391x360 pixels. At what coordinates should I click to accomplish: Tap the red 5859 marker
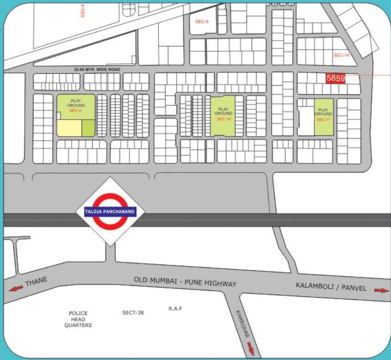point(336,79)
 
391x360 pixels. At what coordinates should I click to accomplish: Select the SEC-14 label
point(341,55)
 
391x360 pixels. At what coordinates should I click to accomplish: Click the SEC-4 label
point(83,10)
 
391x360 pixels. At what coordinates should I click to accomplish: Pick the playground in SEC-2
point(76,106)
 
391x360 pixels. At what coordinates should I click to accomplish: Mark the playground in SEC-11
point(323,114)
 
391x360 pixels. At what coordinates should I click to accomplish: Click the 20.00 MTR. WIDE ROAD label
point(97,70)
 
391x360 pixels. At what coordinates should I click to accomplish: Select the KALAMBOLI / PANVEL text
point(331,287)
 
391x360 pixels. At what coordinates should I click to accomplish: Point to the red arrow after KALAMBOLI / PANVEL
point(381,291)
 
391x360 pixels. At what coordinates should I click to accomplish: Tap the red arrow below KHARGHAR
point(250,349)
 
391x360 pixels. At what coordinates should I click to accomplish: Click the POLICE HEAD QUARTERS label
point(78,319)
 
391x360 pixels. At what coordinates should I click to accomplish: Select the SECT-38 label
point(133,313)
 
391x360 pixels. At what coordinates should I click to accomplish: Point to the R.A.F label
point(175,309)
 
